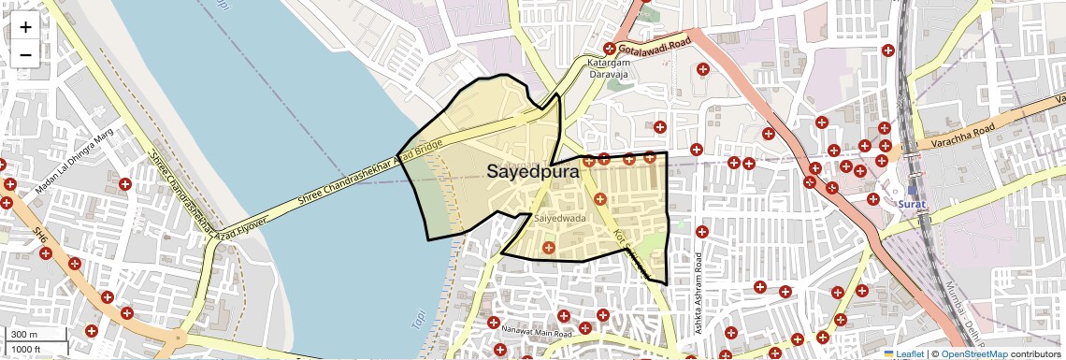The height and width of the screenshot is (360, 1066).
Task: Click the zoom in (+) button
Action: (x=25, y=26)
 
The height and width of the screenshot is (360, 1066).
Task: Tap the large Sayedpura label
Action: (x=533, y=172)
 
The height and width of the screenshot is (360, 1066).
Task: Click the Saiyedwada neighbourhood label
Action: (x=559, y=218)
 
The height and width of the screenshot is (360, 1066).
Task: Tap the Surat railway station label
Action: (x=911, y=203)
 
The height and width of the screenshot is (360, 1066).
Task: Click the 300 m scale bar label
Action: (x=24, y=335)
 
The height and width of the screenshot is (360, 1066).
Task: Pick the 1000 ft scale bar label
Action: (x=26, y=350)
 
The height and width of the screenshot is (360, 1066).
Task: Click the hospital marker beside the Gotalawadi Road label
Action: (x=610, y=49)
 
